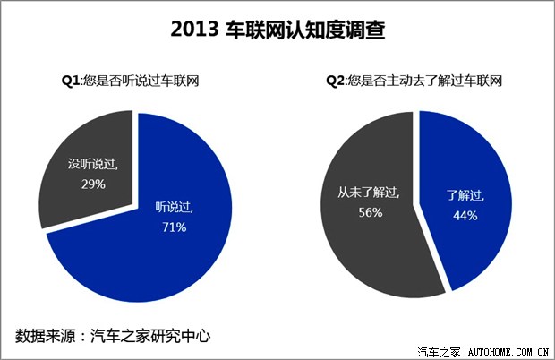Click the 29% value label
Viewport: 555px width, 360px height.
[x=93, y=184]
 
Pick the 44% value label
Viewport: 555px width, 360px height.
[x=464, y=215]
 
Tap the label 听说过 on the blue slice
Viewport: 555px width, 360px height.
[x=174, y=209]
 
